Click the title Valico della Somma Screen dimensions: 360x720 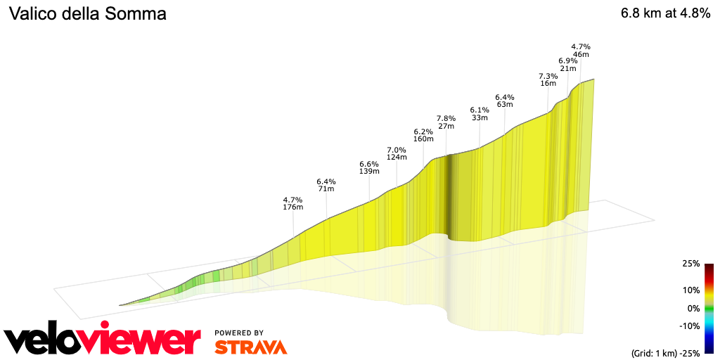(x=87, y=14)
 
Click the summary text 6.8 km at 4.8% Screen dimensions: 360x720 (x=664, y=13)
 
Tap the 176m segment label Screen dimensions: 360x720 (x=292, y=207)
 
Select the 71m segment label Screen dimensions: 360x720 (x=326, y=189)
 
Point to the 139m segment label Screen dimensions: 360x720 (x=369, y=172)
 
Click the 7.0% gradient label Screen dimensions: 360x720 (x=397, y=150)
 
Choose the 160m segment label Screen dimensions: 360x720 (x=423, y=139)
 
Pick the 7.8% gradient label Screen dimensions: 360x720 (x=446, y=118)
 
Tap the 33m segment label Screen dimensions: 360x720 (x=480, y=118)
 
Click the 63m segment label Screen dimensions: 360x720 (x=505, y=105)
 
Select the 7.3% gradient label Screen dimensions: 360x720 (x=548, y=76)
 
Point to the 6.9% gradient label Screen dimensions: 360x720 (x=568, y=61)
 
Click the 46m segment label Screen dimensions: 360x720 (x=581, y=54)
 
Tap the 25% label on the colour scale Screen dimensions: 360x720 (x=690, y=264)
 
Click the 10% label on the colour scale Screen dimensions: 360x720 (x=690, y=290)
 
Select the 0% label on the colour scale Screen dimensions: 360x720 (x=693, y=308)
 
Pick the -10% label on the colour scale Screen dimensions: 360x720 (x=688, y=326)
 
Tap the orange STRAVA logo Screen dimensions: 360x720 (x=250, y=347)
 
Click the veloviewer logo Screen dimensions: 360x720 (x=103, y=340)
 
